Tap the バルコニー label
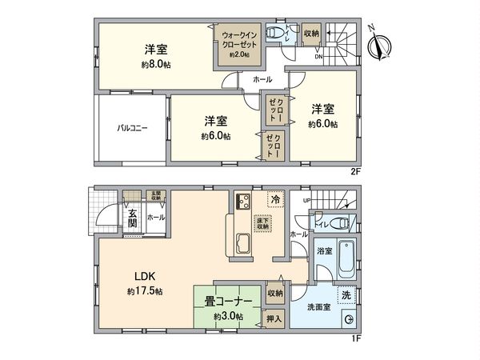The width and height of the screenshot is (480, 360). (x=132, y=128)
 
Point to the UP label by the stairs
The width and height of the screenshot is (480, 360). (x=306, y=201)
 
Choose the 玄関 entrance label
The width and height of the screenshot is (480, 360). (x=133, y=218)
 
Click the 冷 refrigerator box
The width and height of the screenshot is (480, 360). (x=274, y=200)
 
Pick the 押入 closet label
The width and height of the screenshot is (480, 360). (x=274, y=318)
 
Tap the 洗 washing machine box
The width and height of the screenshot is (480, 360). (x=346, y=294)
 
